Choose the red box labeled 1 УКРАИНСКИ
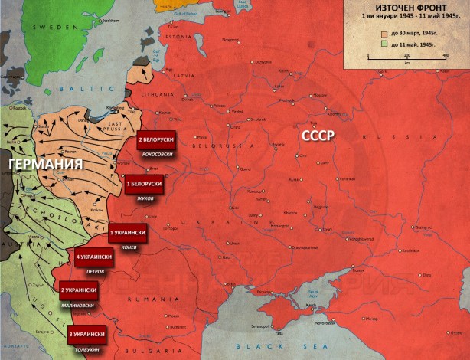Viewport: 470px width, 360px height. click(x=126, y=231)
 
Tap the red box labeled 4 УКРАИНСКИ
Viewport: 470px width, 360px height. click(x=94, y=256)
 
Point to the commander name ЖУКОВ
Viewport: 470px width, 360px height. click(x=145, y=198)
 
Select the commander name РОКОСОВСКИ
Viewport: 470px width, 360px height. click(x=156, y=155)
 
